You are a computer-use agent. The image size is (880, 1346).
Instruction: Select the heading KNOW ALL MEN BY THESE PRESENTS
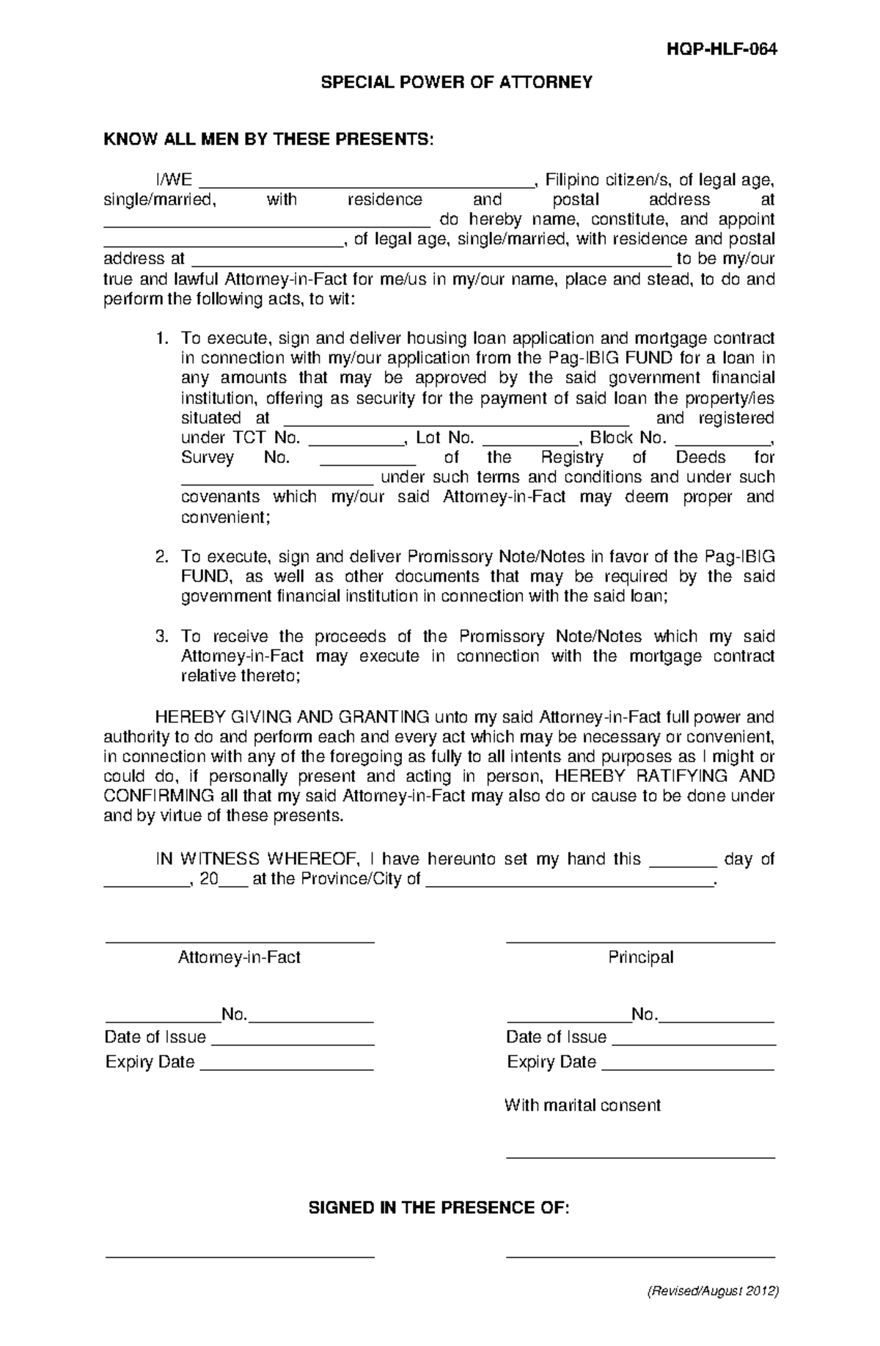[x=269, y=139]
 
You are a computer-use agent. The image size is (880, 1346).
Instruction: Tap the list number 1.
[x=161, y=339]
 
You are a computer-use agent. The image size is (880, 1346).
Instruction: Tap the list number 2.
[x=161, y=557]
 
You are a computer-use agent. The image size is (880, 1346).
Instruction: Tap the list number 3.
[x=161, y=637]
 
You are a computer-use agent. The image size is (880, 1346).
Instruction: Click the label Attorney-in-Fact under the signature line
[x=239, y=957]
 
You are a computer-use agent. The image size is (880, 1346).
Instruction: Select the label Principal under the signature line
[x=640, y=957]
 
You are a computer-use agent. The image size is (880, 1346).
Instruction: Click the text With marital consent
[x=582, y=1105]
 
